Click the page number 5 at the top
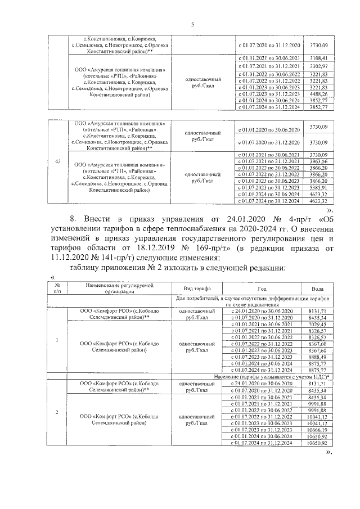[192, 24]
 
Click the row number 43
[57, 162]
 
